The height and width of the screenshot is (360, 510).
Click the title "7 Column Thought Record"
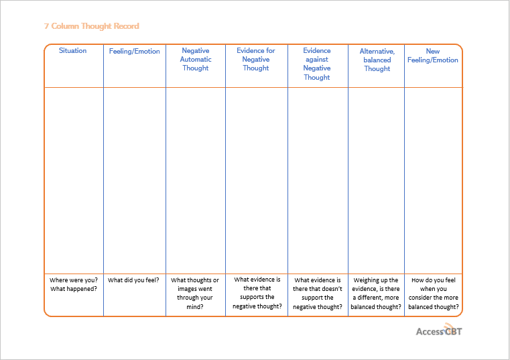91,26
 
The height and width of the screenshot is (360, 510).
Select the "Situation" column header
72,50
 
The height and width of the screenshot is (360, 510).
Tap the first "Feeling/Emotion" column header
134,51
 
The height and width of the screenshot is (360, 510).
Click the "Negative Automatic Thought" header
196,59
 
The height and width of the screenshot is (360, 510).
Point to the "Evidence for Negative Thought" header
256,59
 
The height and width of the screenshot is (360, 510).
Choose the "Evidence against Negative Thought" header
317,64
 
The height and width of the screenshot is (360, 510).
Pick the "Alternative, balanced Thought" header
377,60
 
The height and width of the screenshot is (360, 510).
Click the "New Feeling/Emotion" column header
432,56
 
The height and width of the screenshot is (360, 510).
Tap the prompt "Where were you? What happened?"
74,284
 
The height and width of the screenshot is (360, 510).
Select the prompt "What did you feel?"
133,280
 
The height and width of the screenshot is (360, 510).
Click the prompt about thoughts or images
195,293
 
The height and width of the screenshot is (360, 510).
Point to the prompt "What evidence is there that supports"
257,292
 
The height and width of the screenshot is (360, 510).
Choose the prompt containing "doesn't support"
318,293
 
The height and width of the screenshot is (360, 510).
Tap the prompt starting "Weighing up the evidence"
376,293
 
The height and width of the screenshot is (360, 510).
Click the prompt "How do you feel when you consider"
433,293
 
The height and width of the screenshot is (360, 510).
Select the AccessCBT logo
439,330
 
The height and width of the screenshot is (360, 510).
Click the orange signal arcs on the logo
448,326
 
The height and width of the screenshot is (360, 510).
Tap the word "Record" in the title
126,26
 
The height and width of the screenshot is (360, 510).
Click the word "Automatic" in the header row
196,59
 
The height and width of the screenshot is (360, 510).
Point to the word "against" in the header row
317,60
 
